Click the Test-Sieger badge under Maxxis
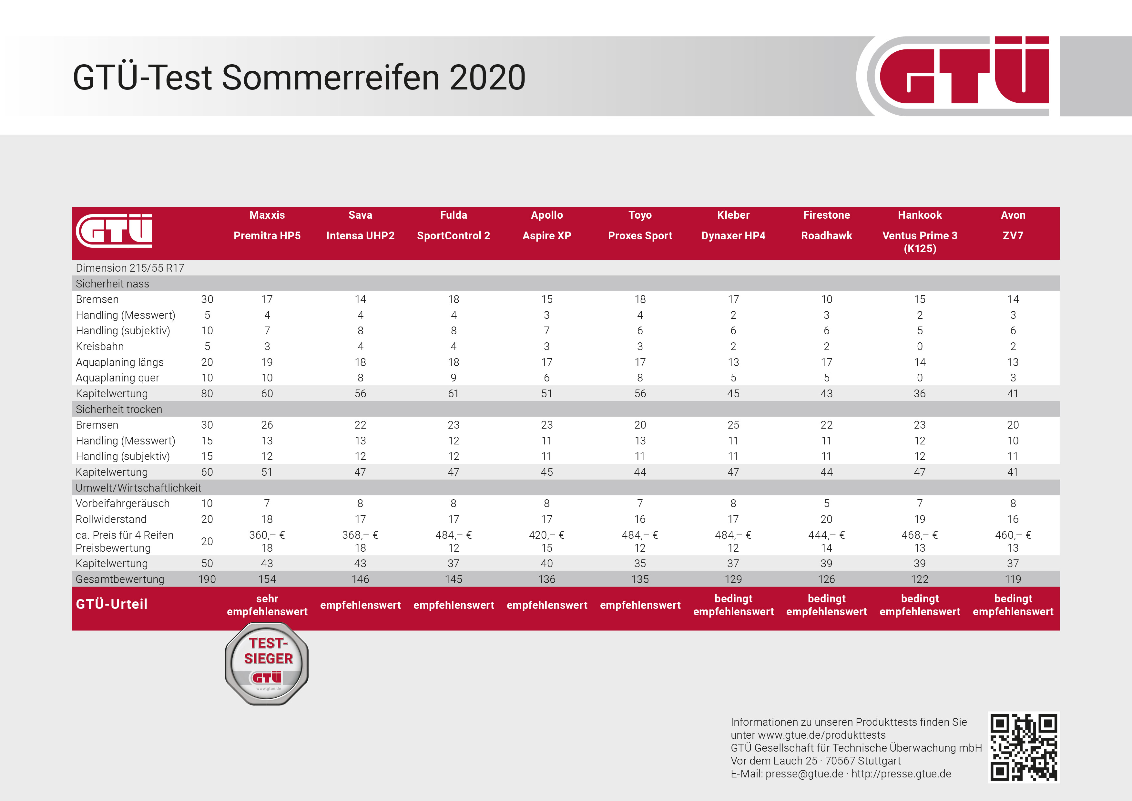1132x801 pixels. click(x=267, y=663)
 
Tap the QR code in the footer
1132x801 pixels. click(x=1024, y=747)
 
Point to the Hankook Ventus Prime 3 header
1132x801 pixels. click(x=920, y=232)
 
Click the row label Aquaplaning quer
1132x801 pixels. click(x=117, y=378)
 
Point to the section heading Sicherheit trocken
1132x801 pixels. click(x=119, y=409)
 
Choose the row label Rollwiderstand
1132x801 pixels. click(x=111, y=519)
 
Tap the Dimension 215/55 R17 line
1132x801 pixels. click(x=130, y=268)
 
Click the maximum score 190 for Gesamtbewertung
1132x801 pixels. click(x=207, y=579)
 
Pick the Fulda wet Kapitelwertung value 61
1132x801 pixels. click(x=454, y=394)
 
